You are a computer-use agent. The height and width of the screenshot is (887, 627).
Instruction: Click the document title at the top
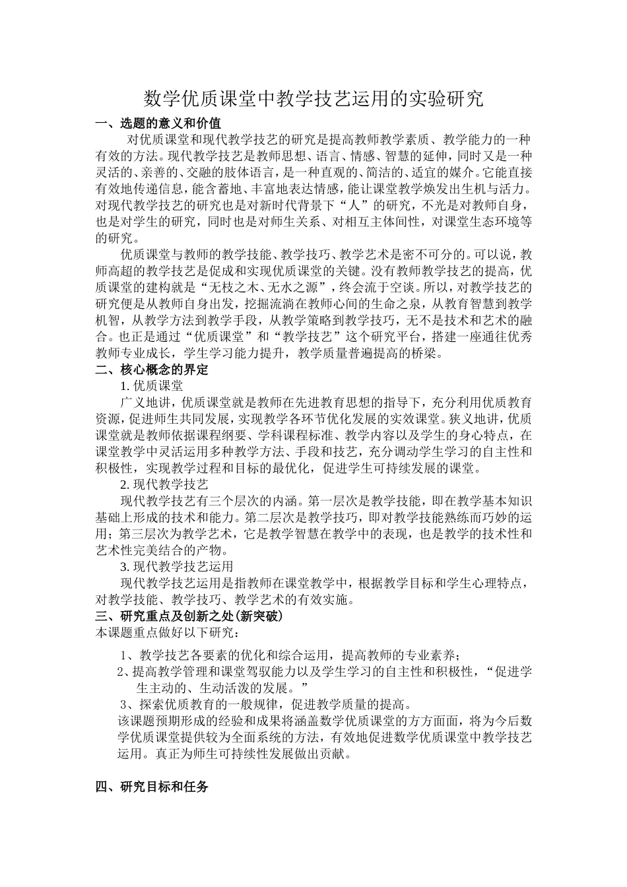(313, 100)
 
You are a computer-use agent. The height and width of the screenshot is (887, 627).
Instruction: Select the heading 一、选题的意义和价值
(158, 123)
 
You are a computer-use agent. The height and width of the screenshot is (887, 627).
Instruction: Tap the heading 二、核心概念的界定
(152, 370)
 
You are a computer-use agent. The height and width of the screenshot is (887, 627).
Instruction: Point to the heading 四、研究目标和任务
(152, 787)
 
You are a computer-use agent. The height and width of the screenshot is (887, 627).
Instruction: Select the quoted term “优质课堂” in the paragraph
(214, 337)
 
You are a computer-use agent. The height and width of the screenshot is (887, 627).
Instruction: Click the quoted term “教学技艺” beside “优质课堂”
(306, 337)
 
